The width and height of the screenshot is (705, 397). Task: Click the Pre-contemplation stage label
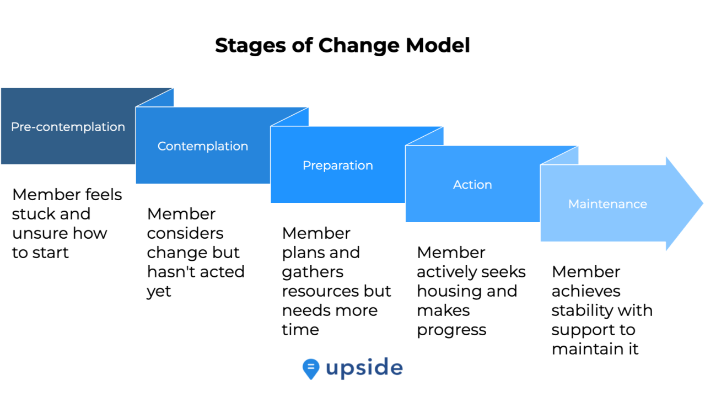click(x=68, y=127)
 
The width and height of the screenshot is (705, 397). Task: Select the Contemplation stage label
click(x=203, y=146)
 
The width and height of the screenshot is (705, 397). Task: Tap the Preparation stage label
click(x=338, y=165)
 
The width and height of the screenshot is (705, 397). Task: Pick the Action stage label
click(x=472, y=185)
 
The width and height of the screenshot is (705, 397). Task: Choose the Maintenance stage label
click(x=607, y=204)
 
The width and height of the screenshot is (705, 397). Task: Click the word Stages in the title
click(x=251, y=46)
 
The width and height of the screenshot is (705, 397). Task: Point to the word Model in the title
click(x=438, y=45)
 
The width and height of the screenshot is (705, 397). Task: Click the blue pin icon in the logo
click(x=311, y=369)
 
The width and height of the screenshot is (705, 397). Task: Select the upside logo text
click(x=364, y=368)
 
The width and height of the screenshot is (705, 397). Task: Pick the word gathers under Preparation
click(x=313, y=272)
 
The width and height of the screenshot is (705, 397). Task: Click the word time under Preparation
click(x=300, y=330)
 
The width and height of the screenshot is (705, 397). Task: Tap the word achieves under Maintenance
click(x=586, y=291)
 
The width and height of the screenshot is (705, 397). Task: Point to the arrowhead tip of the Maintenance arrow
click(x=703, y=203)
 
